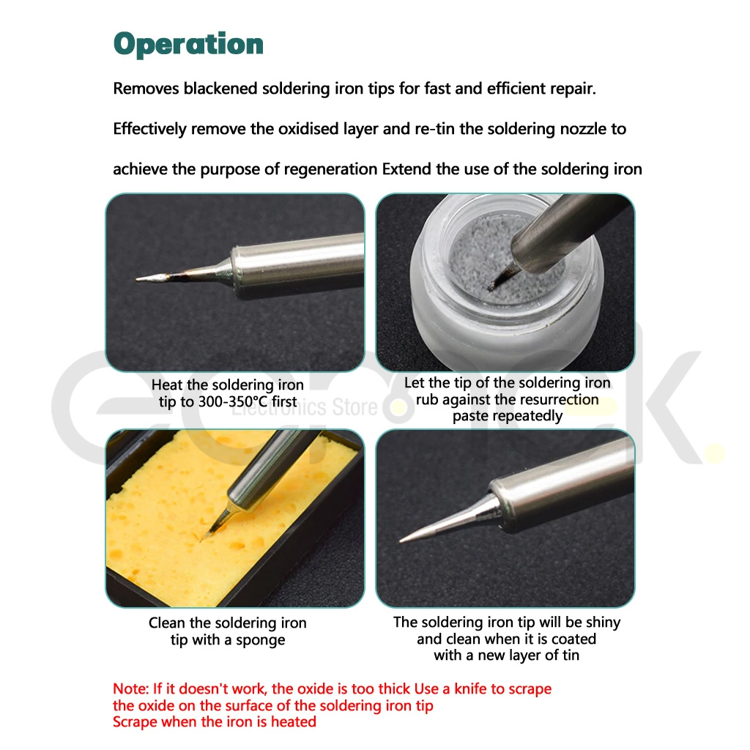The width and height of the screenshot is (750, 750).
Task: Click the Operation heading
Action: (188, 45)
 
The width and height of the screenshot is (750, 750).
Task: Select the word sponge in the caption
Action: (260, 640)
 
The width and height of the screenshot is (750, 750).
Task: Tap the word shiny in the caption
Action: (603, 623)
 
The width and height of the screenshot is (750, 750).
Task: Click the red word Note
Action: (130, 688)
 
